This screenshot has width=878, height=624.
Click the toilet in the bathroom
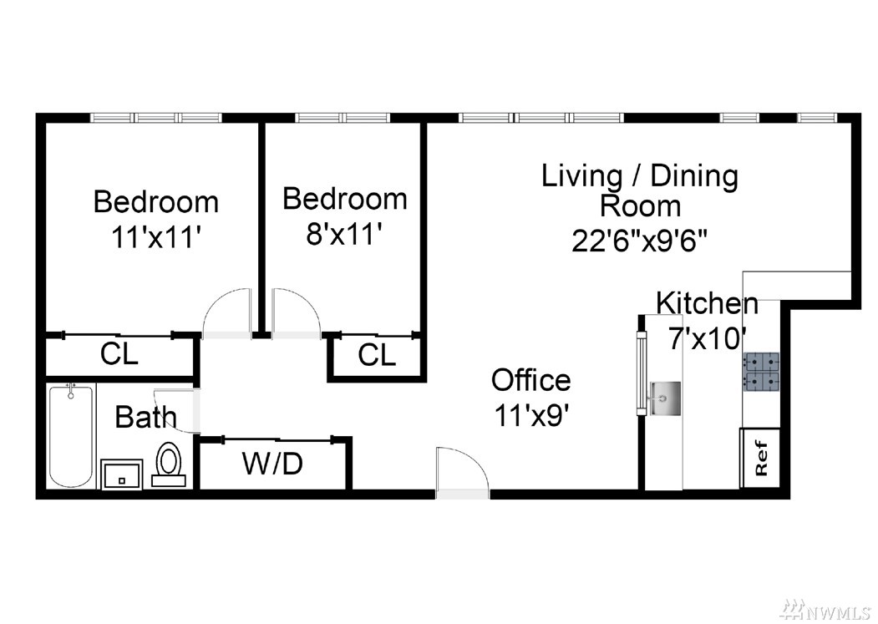click(169, 464)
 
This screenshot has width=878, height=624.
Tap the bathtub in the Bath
click(70, 435)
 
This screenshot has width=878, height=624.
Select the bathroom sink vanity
click(121, 474)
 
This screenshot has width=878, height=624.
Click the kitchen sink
click(665, 398)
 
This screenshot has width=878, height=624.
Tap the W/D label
click(272, 464)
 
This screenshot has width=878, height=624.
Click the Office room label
click(530, 380)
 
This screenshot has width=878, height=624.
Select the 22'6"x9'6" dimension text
click(639, 241)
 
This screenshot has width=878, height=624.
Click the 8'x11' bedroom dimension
click(344, 233)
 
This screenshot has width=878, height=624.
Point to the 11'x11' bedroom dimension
click(155, 237)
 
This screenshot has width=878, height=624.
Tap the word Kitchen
click(707, 303)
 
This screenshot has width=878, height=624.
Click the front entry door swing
click(463, 472)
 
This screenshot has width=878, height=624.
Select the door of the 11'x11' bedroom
click(226, 314)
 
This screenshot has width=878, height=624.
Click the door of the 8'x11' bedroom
click(297, 314)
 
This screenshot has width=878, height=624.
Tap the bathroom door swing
click(177, 411)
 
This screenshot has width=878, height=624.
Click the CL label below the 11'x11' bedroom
click(119, 354)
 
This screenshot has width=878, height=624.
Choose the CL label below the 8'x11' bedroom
click(377, 354)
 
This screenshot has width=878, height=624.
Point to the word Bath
click(145, 418)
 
